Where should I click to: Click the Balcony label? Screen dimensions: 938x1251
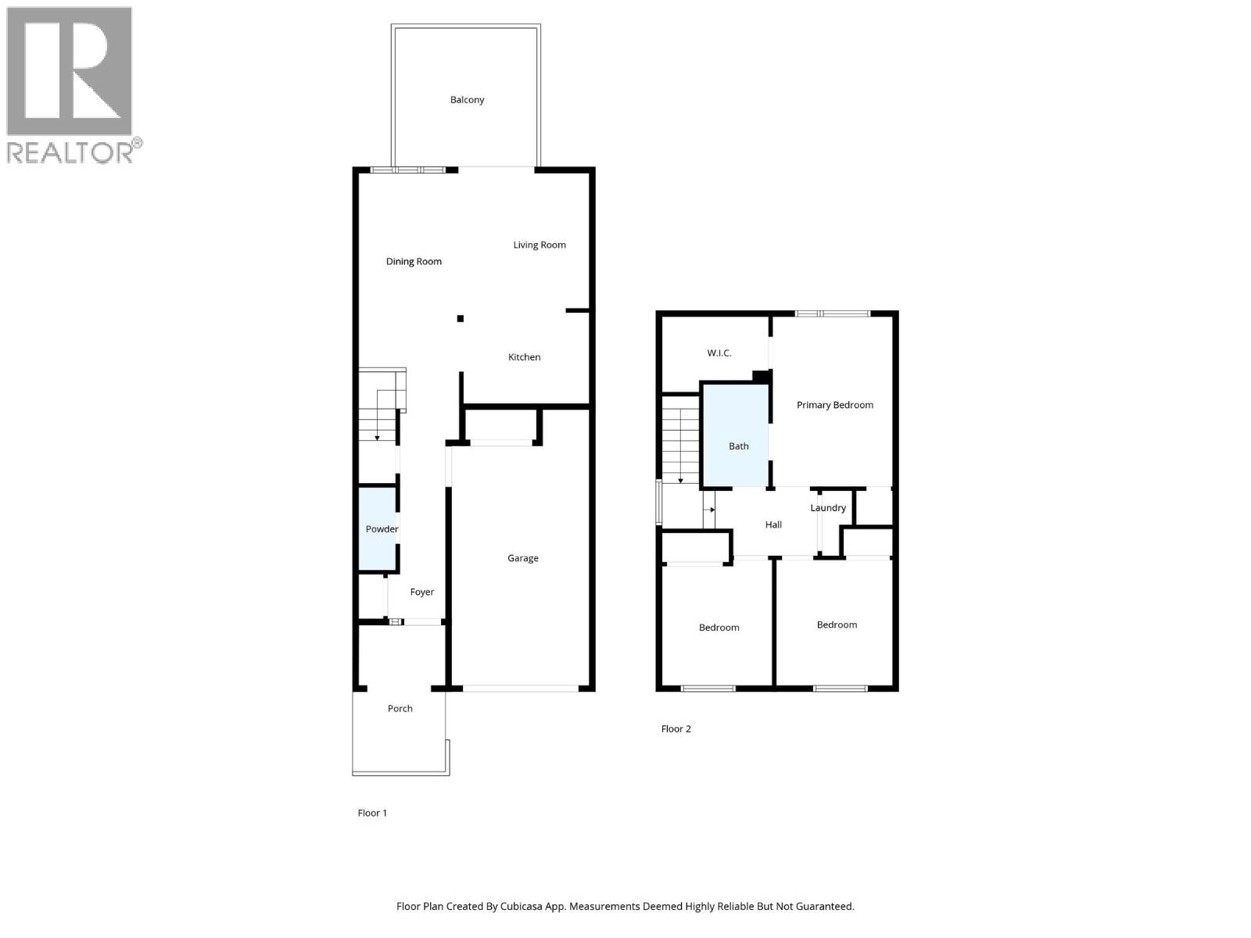(x=467, y=100)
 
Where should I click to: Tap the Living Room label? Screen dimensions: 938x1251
(x=539, y=245)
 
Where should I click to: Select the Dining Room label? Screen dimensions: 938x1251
(x=414, y=262)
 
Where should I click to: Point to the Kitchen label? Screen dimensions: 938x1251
(x=524, y=357)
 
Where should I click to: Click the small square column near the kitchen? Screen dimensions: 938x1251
(x=461, y=318)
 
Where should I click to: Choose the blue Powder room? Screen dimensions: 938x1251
(x=378, y=529)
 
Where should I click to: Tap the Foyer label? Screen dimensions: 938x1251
(x=422, y=593)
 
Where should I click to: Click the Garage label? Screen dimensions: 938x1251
(x=523, y=558)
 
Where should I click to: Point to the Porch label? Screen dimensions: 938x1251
(x=400, y=709)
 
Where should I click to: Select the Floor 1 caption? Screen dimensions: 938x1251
(x=372, y=813)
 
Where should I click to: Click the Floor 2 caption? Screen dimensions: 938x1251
(x=676, y=729)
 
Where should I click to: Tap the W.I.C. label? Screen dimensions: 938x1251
(x=719, y=353)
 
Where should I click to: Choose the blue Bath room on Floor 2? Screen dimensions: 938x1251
(x=736, y=438)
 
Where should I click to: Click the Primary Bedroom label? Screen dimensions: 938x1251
(x=835, y=405)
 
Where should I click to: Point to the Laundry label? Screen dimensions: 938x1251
(x=828, y=508)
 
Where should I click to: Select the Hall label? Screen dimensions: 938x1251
(x=773, y=525)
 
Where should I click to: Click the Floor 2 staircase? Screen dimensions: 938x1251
(x=680, y=440)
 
